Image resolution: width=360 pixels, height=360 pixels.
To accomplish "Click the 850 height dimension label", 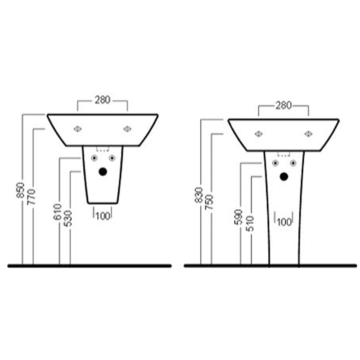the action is (x=20, y=190).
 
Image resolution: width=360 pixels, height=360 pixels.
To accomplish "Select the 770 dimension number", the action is (x=31, y=197).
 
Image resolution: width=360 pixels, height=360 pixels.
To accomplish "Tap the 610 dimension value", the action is (x=58, y=211).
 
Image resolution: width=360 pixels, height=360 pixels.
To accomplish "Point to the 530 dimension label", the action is (x=68, y=219).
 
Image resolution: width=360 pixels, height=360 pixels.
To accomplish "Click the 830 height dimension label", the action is (x=199, y=195).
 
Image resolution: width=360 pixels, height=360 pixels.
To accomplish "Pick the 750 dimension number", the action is (x=209, y=202).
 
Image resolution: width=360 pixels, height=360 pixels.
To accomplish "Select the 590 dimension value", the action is (x=238, y=217).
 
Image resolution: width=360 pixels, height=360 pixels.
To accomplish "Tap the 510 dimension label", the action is (x=250, y=224).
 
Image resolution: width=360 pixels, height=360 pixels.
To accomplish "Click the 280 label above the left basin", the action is (x=103, y=100).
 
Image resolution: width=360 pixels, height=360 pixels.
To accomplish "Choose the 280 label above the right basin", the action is (x=283, y=105).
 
